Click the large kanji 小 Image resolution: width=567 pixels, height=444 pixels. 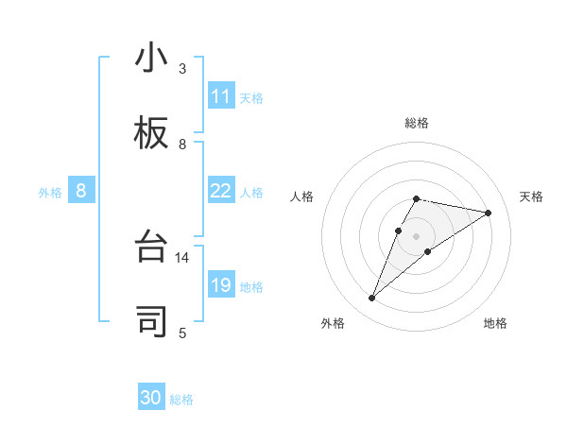point(151,59)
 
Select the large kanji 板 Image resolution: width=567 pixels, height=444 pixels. point(151,133)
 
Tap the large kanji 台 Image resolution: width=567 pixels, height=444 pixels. point(151,247)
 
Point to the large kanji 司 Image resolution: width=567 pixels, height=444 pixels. point(151,321)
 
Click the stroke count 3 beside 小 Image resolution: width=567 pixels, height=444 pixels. point(182,69)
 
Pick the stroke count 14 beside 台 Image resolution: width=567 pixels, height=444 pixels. point(182,257)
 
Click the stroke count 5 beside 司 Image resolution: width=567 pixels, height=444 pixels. point(182,333)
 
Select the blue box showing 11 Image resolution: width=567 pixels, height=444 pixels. point(221,96)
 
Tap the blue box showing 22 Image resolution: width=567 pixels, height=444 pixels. point(221,191)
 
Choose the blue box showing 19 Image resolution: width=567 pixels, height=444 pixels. point(221,285)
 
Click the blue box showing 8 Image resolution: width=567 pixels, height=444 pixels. point(81,191)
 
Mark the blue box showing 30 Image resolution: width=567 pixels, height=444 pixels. point(151,398)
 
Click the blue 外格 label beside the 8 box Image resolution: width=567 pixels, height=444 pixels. point(50,192)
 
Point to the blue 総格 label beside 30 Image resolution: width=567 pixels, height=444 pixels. point(181,399)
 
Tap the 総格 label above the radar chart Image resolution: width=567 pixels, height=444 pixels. point(416,123)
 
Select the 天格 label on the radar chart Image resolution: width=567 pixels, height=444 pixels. point(531,196)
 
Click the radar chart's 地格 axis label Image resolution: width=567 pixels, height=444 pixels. point(495,323)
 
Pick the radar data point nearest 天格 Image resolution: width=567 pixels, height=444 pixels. point(488,213)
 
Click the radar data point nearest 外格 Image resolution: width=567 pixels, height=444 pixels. point(372,299)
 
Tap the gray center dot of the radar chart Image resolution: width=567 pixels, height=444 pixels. point(416,235)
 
